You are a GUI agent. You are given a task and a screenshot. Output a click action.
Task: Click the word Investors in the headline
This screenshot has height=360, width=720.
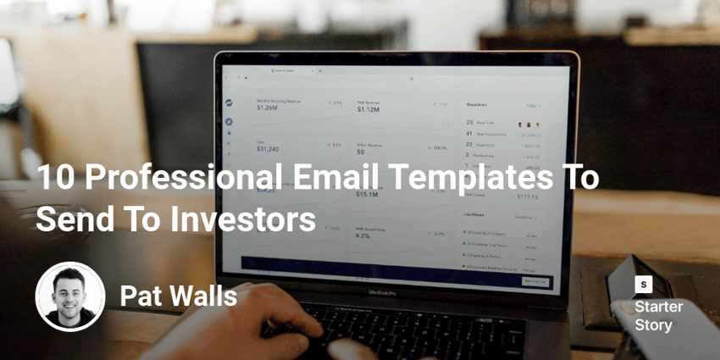coord(244,220)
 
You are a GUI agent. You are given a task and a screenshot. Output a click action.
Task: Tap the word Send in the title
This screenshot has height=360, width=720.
coord(70,220)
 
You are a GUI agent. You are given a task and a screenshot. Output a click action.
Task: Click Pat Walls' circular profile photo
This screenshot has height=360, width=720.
coord(70,296)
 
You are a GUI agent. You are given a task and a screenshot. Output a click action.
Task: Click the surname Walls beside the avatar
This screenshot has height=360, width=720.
coord(203,296)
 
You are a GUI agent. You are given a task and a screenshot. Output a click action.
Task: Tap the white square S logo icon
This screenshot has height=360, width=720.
coord(644,285)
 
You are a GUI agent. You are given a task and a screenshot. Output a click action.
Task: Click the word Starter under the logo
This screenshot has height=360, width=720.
coord(658,307)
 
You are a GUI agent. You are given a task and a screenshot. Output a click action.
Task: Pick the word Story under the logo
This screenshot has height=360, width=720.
coord(653,325)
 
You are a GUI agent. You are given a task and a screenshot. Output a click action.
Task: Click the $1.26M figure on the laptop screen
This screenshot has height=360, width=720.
coord(267,108)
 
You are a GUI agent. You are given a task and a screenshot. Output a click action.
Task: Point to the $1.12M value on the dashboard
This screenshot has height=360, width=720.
coord(368,109)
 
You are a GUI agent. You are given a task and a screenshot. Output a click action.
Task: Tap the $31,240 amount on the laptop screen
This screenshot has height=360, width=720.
coord(268,149)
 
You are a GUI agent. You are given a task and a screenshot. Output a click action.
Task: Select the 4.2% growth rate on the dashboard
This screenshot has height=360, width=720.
coord(363,235)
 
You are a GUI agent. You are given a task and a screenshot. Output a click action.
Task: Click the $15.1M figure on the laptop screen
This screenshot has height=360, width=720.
coord(367,194)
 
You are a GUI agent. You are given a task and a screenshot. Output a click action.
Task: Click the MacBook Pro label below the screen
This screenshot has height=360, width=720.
coord(383,292)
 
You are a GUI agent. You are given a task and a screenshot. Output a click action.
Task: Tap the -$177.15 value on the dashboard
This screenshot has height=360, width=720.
coord(527,197)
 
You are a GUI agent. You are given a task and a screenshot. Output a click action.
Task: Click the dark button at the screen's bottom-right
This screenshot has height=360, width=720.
coord(534,281)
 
